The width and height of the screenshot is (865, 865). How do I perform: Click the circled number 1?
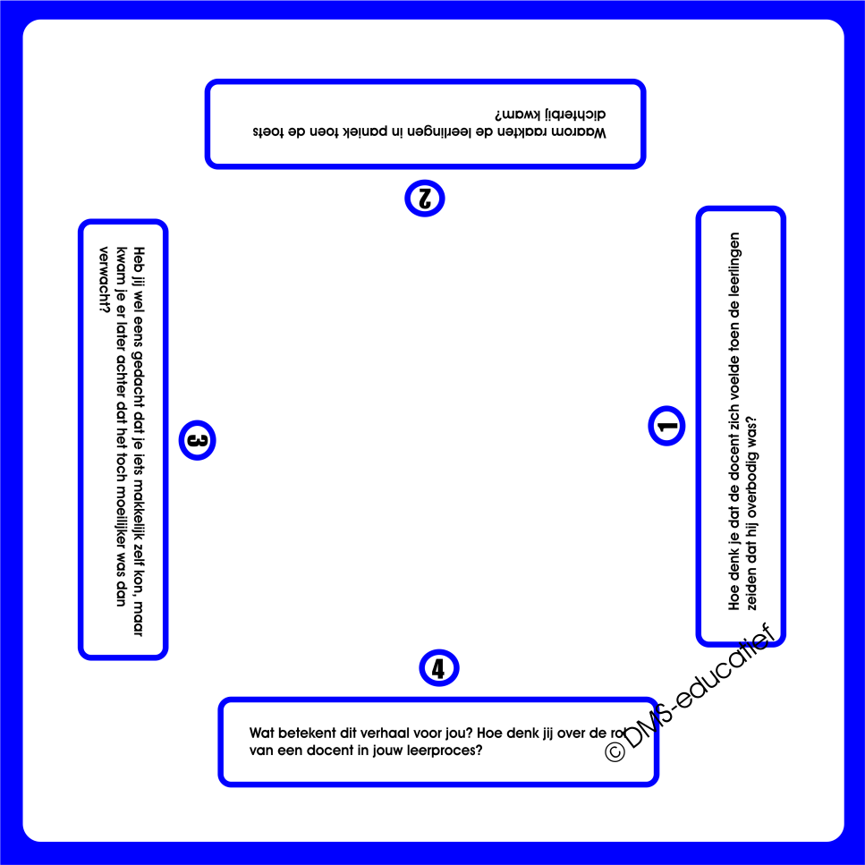click(x=666, y=426)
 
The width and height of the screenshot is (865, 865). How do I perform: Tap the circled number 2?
click(x=424, y=198)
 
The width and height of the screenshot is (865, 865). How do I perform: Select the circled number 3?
click(x=198, y=440)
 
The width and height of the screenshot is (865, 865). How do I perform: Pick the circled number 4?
click(x=438, y=667)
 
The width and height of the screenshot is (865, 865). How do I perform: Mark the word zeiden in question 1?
click(x=751, y=589)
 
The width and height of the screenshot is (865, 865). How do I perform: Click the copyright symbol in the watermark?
click(x=615, y=751)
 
